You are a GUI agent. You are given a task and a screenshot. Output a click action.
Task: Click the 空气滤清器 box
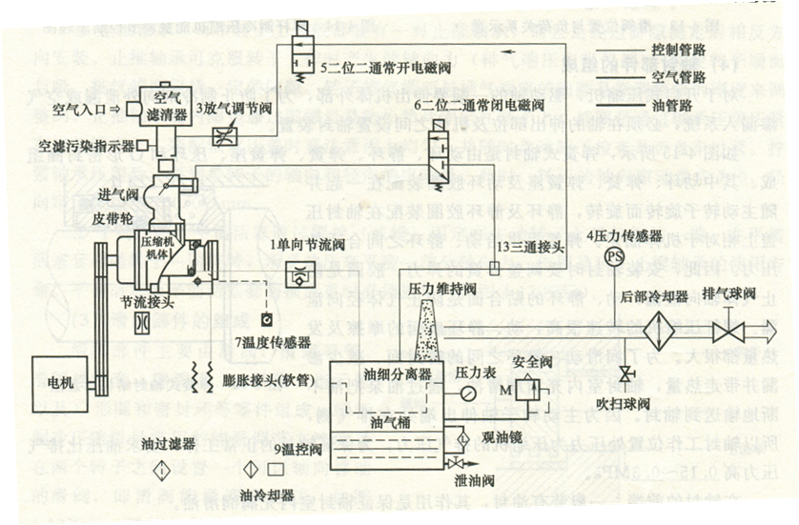tap(168, 104)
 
